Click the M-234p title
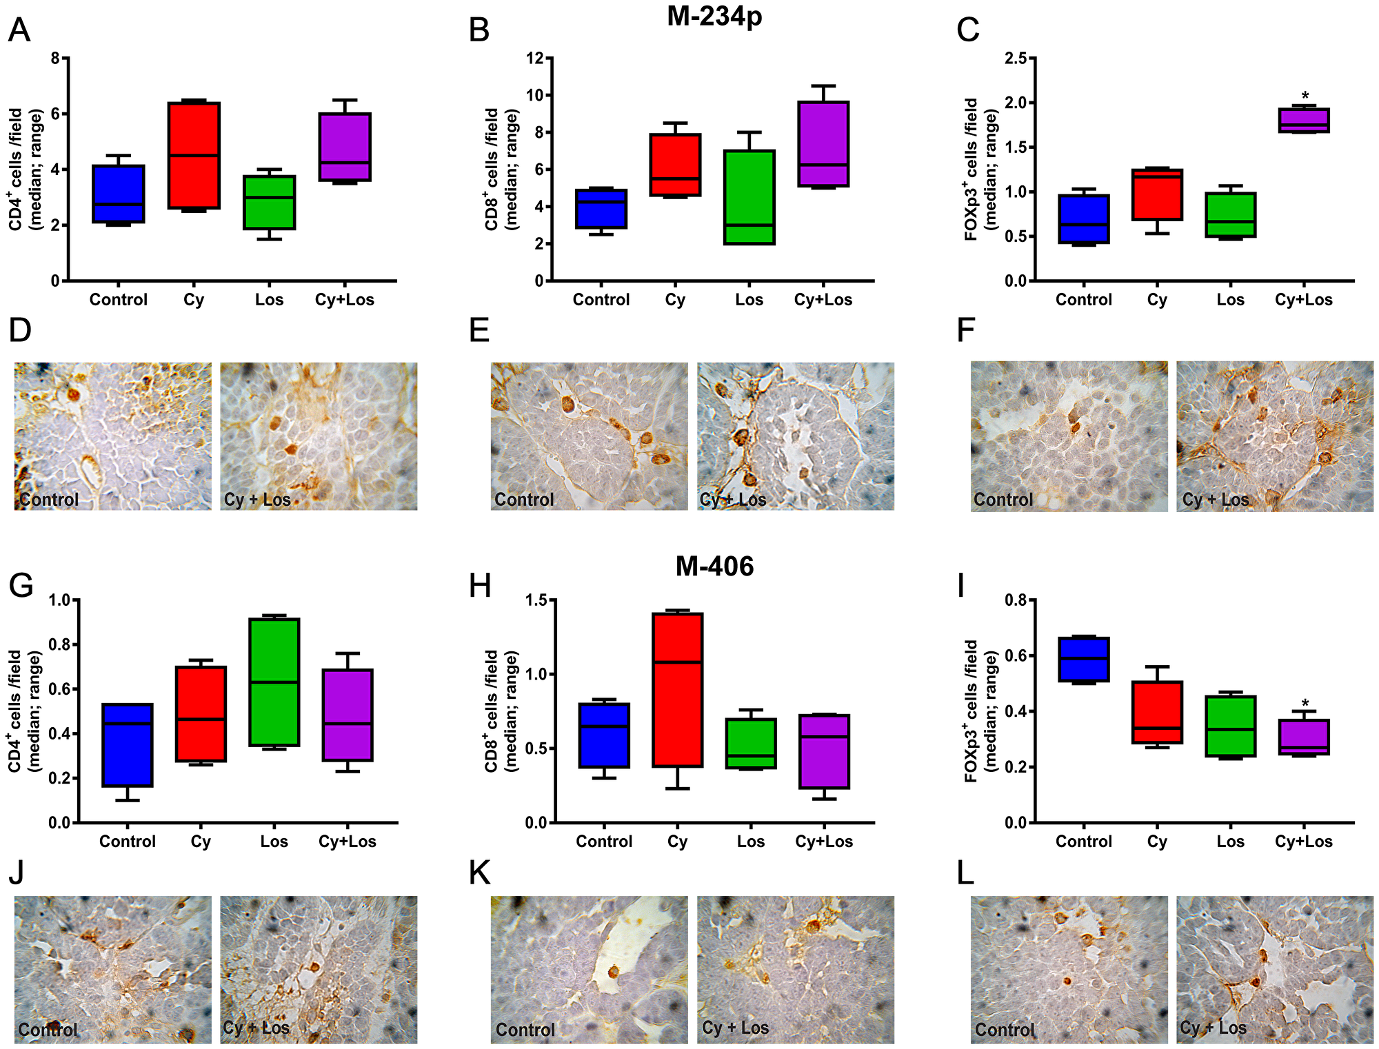tap(714, 17)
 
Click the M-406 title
tap(714, 567)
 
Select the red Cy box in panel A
tap(194, 155)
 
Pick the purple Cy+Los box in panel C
tap(1304, 120)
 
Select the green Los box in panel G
tap(274, 682)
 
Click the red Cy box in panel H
tap(677, 689)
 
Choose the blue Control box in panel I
tap(1084, 660)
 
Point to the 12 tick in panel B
tap(534, 58)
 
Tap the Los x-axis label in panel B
tap(749, 300)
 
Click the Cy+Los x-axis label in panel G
tap(347, 842)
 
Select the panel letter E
tap(479, 330)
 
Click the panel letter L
tap(966, 873)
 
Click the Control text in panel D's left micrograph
tap(49, 499)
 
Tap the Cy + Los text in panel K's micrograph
tap(735, 1028)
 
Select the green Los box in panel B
tap(749, 197)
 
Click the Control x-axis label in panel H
tap(604, 842)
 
